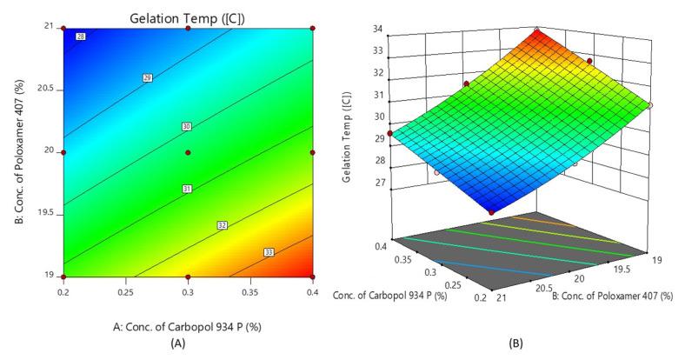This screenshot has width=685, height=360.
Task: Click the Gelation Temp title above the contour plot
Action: point(186,17)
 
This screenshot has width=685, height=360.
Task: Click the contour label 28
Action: point(81,37)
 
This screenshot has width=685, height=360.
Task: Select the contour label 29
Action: point(148,78)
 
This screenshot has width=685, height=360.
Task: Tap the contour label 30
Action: point(186,127)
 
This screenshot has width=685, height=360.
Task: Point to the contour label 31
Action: point(186,189)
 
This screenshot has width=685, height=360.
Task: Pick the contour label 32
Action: point(223,226)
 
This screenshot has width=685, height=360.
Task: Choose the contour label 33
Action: point(269,253)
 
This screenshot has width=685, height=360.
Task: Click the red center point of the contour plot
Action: point(188,152)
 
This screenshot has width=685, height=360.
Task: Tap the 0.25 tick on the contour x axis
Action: point(125,293)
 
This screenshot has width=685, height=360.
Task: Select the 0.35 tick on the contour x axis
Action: point(250,293)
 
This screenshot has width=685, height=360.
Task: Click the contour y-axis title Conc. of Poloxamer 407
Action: point(17,153)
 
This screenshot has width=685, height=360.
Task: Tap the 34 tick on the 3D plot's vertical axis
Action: point(379,30)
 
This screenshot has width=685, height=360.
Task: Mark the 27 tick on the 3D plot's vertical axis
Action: point(379,183)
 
